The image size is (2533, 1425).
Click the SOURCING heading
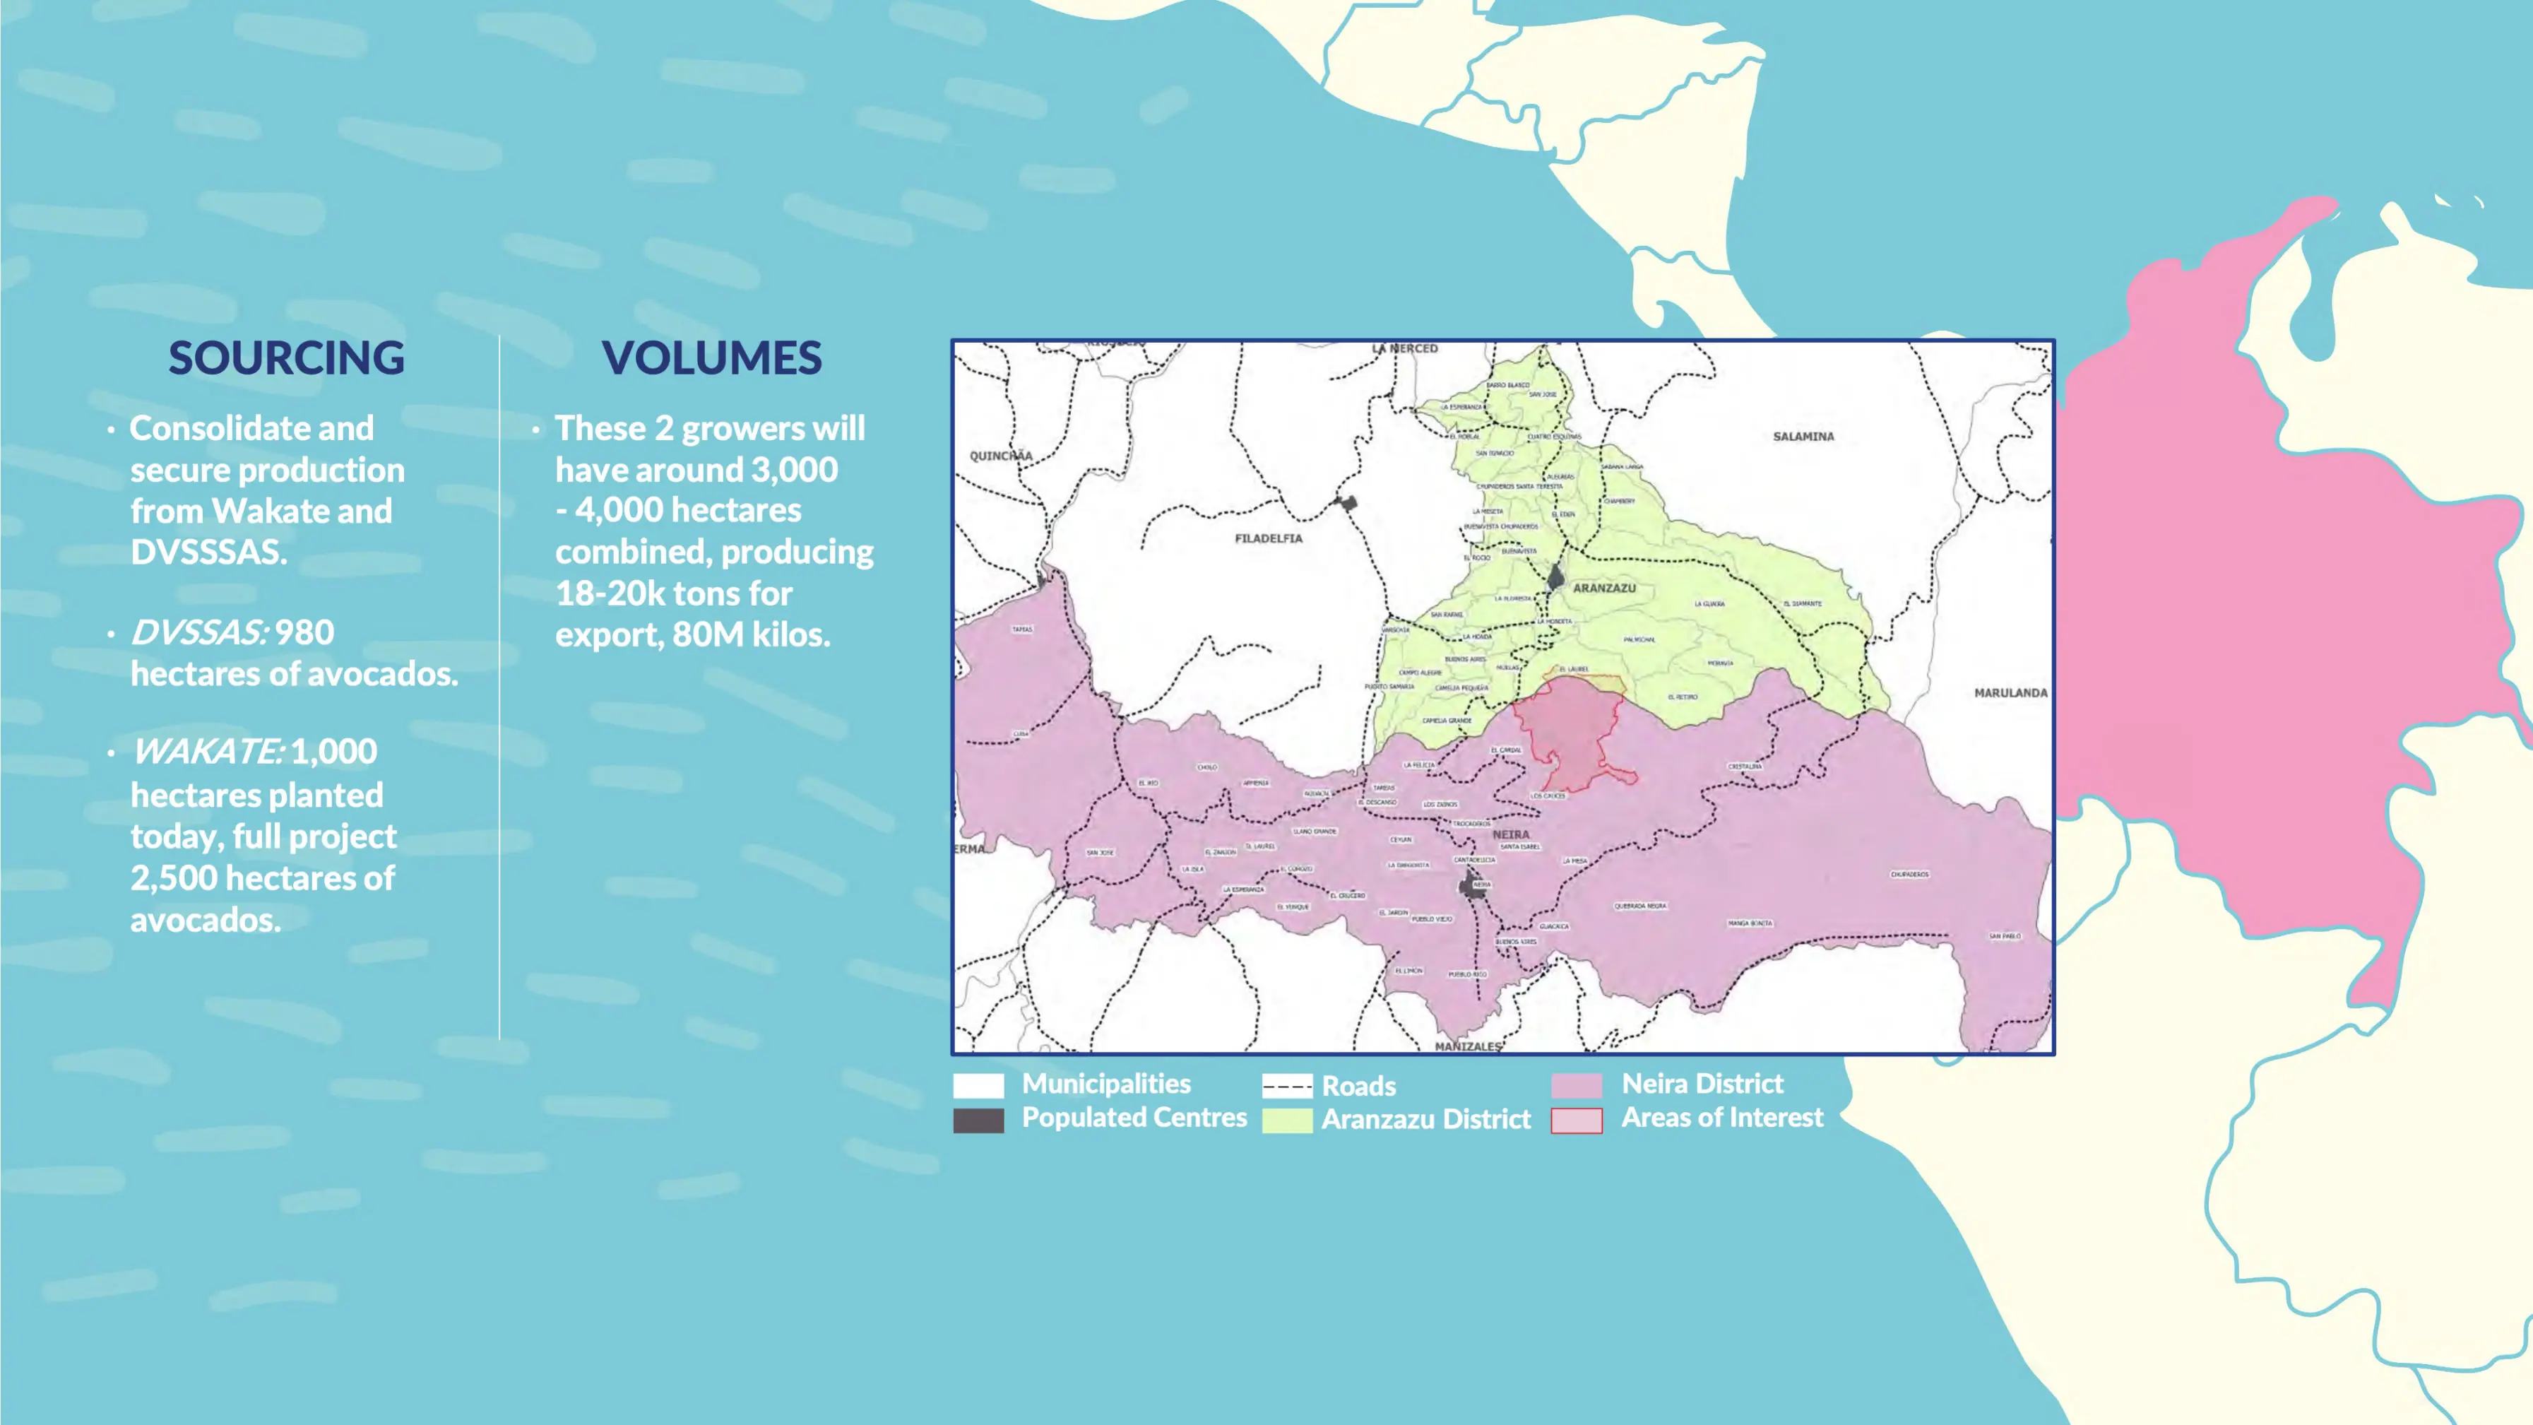click(x=286, y=358)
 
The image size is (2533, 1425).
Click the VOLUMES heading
click(x=712, y=358)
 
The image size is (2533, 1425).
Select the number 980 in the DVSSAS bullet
click(x=304, y=632)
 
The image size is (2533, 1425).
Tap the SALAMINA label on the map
click(x=1803, y=437)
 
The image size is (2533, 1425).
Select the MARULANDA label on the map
click(x=2010, y=693)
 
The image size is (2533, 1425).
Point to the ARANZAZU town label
click(x=1603, y=588)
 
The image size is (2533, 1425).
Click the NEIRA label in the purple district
click(x=1510, y=834)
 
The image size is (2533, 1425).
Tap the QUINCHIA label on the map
click(x=1001, y=455)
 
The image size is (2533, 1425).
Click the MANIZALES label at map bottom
click(x=1467, y=1046)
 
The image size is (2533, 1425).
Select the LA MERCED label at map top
click(x=1404, y=349)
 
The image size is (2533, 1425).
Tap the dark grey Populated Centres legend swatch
click(x=978, y=1120)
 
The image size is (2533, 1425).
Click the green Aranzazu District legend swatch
click(x=1287, y=1120)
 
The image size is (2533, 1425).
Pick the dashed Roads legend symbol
click(x=1287, y=1087)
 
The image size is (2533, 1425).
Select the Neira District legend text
click(x=1701, y=1084)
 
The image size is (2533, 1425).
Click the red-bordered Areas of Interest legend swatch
click(x=1577, y=1120)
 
